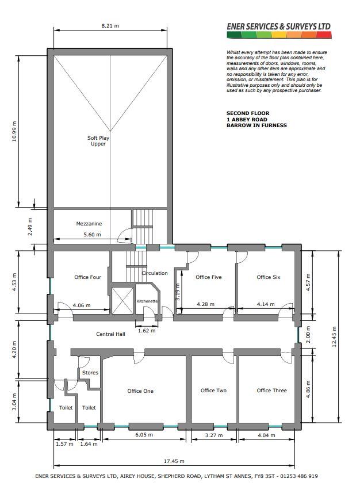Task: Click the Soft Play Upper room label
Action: [x=98, y=141]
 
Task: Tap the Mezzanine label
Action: [x=89, y=224]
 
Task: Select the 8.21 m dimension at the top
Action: [x=110, y=26]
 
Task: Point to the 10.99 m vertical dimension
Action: [x=14, y=131]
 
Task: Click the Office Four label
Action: [x=87, y=277]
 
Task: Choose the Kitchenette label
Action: [x=147, y=301]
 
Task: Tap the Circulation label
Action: [x=155, y=273]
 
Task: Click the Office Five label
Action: [x=209, y=277]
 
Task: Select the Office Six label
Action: [x=269, y=277]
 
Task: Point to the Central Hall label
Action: [x=110, y=334]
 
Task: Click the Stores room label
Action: [x=90, y=373]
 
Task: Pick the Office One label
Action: [x=140, y=391]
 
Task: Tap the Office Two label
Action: [x=213, y=390]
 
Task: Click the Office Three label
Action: [x=271, y=390]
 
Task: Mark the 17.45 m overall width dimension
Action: [x=174, y=461]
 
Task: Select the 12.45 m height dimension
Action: [x=334, y=336]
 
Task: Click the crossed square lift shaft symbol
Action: [x=122, y=300]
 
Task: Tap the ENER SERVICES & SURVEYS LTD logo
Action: [x=279, y=30]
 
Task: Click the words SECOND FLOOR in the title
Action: [x=248, y=113]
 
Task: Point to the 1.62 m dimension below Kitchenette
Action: [x=147, y=331]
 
